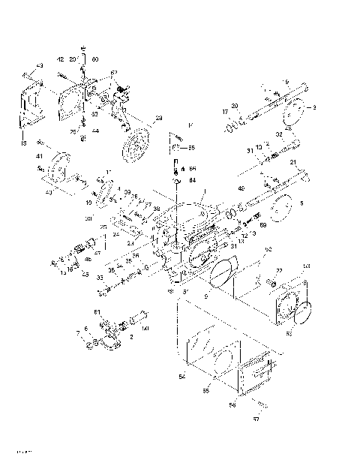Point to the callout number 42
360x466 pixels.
pyautogui.click(x=61, y=59)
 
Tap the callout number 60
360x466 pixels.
pyautogui.click(x=94, y=59)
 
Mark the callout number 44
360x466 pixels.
pyautogui.click(x=95, y=131)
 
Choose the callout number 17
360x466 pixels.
pyautogui.click(x=225, y=112)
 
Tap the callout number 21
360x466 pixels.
pyautogui.click(x=294, y=163)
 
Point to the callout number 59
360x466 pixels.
pyautogui.click(x=262, y=225)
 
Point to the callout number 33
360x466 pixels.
pyautogui.click(x=100, y=277)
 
